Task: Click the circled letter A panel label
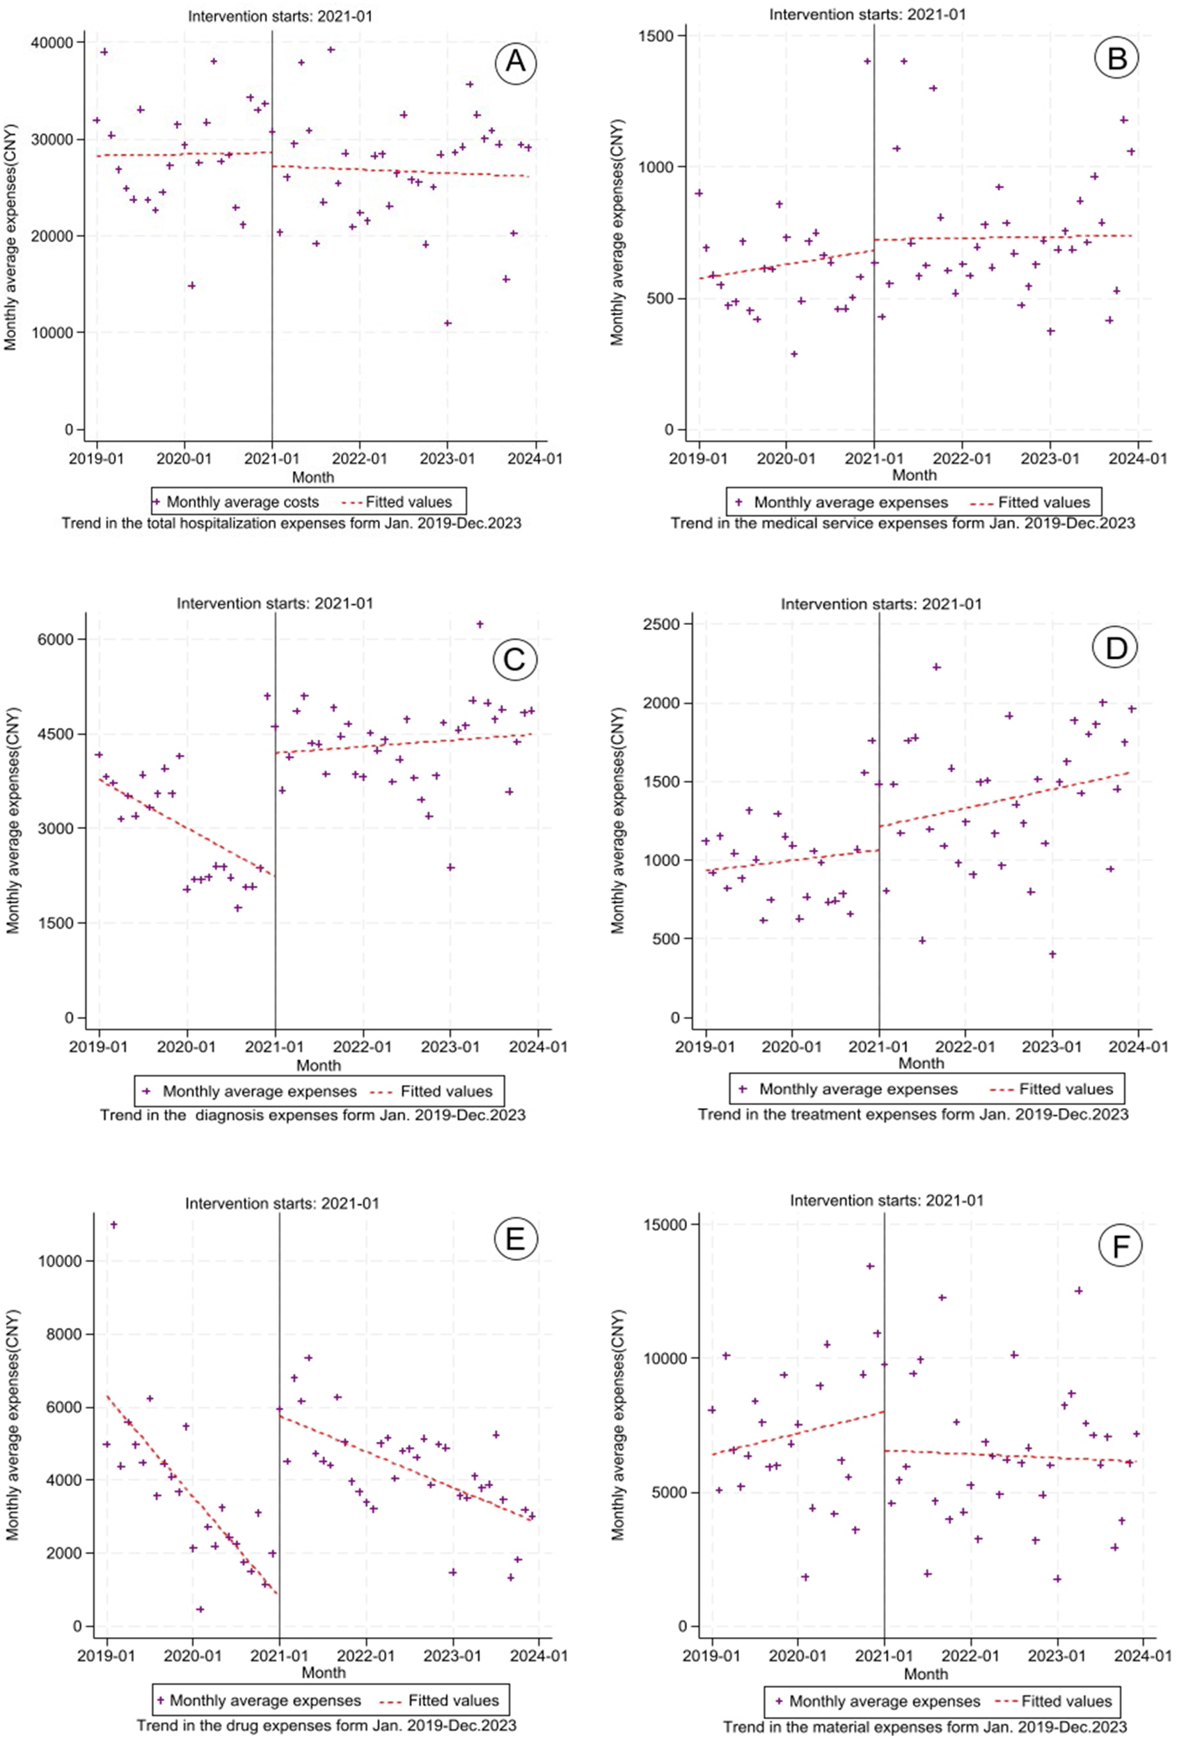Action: point(515,60)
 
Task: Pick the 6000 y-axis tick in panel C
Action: point(58,640)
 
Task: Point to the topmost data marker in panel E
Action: point(114,1224)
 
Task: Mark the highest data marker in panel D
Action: point(936,666)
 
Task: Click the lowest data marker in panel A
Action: point(448,324)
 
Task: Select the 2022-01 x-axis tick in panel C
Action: point(363,1046)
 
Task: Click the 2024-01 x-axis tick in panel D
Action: point(1139,1046)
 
